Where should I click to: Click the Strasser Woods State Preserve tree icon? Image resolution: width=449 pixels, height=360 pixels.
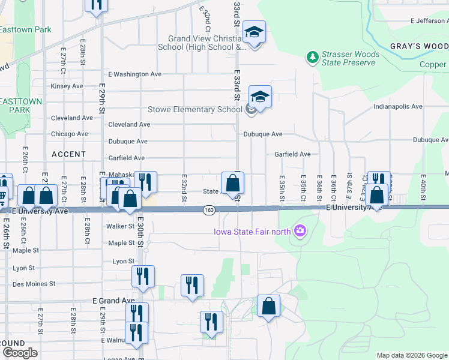(x=312, y=58)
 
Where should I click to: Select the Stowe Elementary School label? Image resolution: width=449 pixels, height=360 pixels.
(x=195, y=109)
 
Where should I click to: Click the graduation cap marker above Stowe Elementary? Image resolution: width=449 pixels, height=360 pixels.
(x=260, y=96)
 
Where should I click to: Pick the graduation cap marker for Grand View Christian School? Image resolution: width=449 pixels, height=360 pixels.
(x=255, y=32)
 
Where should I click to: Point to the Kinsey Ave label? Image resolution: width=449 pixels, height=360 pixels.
(x=67, y=86)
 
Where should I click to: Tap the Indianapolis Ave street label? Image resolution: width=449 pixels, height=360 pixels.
(x=398, y=106)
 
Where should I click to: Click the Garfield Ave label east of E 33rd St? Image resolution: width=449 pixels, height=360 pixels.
(x=292, y=154)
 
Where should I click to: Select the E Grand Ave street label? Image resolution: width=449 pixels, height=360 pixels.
(x=113, y=300)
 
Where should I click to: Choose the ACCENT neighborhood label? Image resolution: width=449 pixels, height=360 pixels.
(x=69, y=154)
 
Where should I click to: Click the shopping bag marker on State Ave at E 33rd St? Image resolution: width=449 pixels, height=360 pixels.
(x=232, y=183)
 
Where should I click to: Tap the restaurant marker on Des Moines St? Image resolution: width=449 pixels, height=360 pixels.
(x=143, y=277)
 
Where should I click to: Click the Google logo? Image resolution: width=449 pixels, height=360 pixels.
(x=20, y=353)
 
